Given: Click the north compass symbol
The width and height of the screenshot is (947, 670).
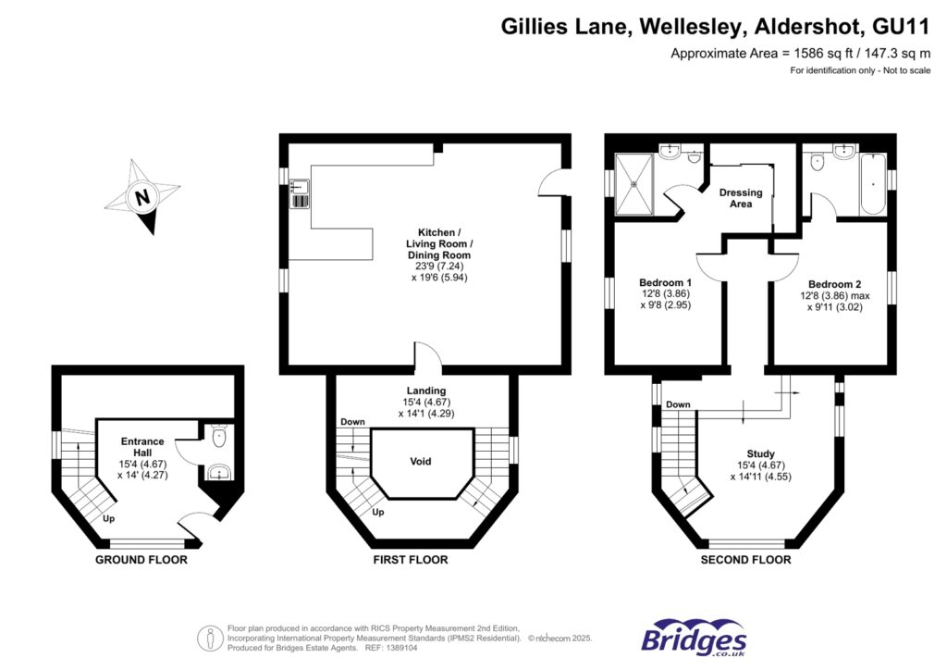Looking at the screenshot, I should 141,197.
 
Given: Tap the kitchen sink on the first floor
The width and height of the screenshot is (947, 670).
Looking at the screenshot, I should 300,193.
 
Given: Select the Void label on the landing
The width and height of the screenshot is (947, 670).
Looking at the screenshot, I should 421,461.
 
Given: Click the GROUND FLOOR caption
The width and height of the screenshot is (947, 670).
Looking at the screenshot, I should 141,560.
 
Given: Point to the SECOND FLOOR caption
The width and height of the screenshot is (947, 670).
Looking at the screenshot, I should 745,560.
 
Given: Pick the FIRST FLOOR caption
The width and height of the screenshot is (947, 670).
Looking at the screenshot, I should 410,560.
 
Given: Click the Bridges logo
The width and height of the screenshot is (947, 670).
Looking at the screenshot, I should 695,638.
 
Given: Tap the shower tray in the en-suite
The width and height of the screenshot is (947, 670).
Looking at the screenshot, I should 634,182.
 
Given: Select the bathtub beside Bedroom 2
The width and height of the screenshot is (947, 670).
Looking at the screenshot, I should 872,185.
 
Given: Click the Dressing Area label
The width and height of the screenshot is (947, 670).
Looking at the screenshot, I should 741,198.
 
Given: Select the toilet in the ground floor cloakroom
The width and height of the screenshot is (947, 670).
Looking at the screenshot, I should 218,436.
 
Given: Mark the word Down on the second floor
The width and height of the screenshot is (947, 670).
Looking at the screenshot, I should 678,404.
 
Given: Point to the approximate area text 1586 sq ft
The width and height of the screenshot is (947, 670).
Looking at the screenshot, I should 800,53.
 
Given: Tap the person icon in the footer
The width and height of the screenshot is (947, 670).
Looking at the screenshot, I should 211,637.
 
